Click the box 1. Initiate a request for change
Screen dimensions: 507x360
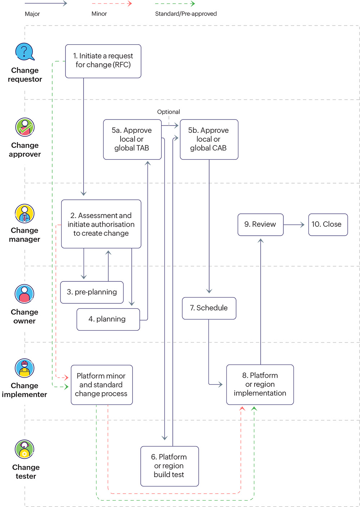[103, 61]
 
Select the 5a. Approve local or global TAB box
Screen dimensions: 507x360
[132, 139]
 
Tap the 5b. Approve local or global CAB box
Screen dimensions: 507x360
[209, 139]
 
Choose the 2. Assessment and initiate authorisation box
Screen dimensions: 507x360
[101, 224]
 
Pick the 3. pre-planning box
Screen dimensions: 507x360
[92, 292]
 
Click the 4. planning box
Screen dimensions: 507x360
[108, 319]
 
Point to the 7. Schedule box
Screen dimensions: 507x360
[209, 308]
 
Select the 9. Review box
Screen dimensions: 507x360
[260, 225]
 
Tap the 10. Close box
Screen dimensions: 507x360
[328, 225]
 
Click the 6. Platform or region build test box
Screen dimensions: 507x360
[169, 466]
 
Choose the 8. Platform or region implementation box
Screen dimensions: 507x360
[260, 384]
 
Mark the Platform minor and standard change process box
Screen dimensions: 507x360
[102, 385]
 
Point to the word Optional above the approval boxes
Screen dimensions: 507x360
[168, 112]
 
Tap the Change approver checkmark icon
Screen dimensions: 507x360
[25, 127]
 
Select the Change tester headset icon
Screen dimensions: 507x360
[24, 449]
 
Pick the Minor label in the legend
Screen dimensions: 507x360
[99, 14]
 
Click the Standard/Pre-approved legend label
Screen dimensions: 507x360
[186, 14]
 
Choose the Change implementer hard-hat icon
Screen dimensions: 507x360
[24, 368]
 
